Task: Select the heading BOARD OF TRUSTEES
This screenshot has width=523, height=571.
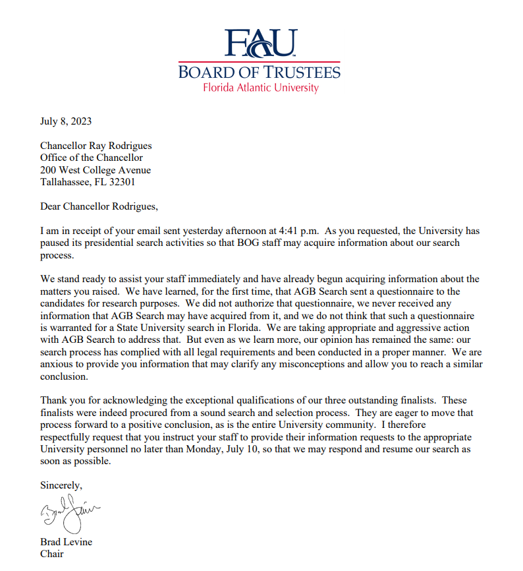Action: point(260,72)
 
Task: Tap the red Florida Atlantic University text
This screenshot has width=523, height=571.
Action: point(260,88)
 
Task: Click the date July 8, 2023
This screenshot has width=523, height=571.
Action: point(66,121)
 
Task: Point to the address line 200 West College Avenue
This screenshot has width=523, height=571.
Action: point(95,170)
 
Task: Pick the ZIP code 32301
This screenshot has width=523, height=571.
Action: point(123,182)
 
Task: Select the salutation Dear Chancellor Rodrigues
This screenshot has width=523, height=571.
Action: point(99,206)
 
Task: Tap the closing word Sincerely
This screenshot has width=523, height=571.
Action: point(61,485)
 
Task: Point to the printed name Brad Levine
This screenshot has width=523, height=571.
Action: point(66,542)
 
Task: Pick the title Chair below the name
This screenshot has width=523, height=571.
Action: point(52,554)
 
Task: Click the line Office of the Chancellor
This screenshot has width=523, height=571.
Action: point(92,158)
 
